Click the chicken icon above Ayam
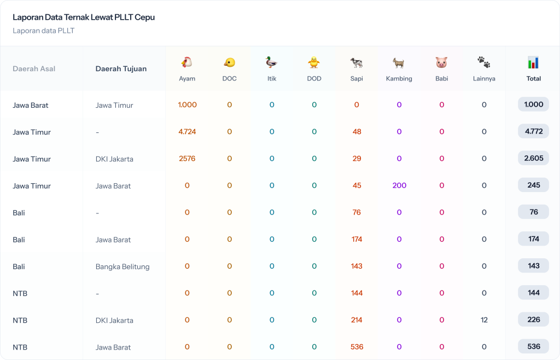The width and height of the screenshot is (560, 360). (x=187, y=62)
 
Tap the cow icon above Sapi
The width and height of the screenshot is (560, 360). (x=357, y=62)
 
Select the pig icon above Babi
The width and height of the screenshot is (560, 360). (x=441, y=62)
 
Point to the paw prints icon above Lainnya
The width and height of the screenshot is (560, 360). (x=484, y=62)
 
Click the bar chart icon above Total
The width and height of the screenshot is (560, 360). (x=533, y=62)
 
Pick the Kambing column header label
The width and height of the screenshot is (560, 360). (x=399, y=78)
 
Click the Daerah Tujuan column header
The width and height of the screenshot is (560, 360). (x=121, y=69)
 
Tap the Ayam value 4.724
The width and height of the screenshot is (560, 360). (x=187, y=132)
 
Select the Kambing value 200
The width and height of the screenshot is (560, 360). (x=399, y=185)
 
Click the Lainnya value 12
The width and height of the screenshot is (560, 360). (x=484, y=320)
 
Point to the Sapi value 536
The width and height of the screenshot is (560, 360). (x=357, y=347)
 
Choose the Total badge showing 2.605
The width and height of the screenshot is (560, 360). (x=533, y=159)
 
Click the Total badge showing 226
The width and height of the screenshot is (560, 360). (x=533, y=320)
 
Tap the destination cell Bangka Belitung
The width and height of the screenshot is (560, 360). (x=122, y=267)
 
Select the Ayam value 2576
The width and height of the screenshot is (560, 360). (x=187, y=159)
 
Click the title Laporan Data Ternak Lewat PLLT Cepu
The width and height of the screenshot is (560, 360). (x=84, y=18)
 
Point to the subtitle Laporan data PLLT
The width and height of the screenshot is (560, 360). (x=44, y=31)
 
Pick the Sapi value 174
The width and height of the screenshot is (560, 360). (x=357, y=239)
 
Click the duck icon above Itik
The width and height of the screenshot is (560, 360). (x=272, y=62)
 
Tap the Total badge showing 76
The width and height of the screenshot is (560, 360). (x=533, y=212)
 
